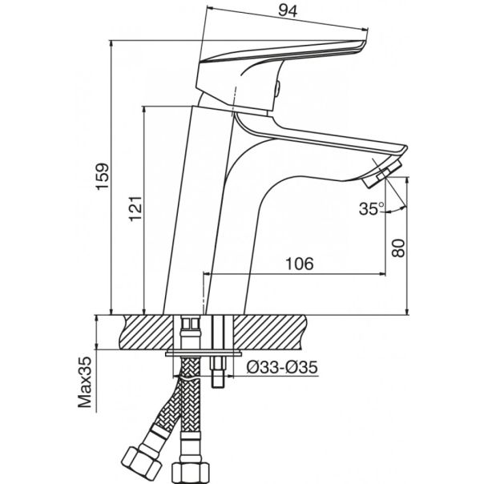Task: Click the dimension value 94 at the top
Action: (284, 11)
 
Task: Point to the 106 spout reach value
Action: (297, 264)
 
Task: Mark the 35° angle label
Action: (370, 209)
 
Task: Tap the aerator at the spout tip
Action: (385, 170)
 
